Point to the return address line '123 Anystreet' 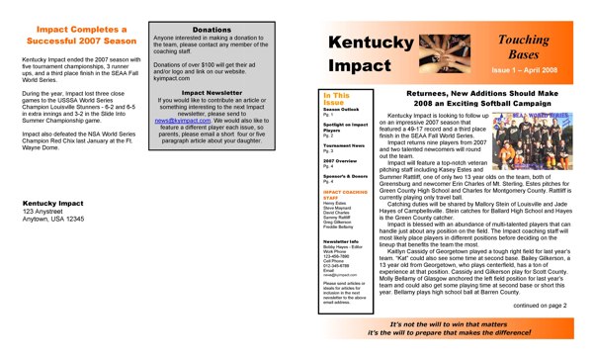(x=43, y=213)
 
